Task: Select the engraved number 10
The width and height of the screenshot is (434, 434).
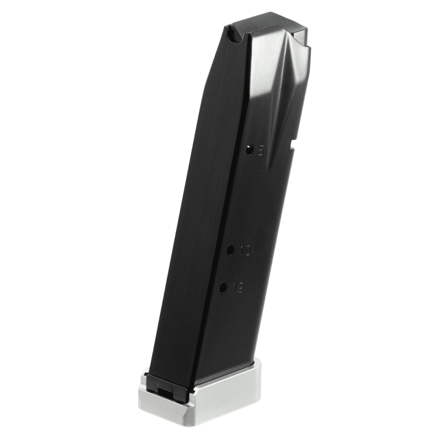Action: [245, 250]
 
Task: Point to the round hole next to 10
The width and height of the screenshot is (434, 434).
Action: [230, 249]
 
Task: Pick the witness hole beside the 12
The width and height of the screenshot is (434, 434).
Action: [223, 288]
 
